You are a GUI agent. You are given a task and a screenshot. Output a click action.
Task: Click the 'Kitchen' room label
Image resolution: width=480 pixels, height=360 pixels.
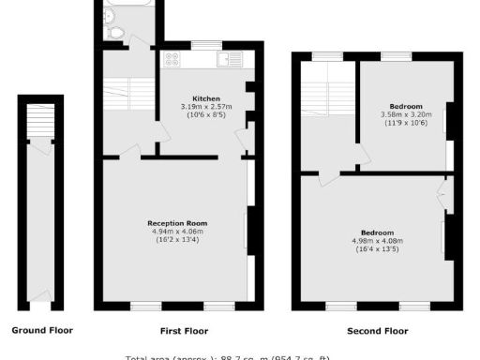click(x=206, y=98)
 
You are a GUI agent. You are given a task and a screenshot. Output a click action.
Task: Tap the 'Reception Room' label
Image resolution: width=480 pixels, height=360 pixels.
click(x=177, y=222)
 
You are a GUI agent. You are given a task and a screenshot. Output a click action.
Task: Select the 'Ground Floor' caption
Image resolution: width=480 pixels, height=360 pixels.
click(x=41, y=330)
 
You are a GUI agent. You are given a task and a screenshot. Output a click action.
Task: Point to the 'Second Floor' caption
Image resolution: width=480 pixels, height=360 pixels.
click(x=377, y=331)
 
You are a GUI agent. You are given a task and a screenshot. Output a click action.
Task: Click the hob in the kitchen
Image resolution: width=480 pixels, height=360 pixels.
click(x=172, y=59)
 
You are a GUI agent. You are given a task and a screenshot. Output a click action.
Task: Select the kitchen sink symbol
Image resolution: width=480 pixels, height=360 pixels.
click(x=226, y=60)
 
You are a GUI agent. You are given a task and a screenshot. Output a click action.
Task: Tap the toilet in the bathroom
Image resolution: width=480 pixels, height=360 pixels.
click(x=116, y=33)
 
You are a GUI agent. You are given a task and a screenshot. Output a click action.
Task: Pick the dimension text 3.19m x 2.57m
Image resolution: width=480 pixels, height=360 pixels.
click(x=206, y=107)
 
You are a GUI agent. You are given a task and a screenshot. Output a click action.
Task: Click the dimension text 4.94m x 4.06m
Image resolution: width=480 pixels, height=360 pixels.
click(x=177, y=231)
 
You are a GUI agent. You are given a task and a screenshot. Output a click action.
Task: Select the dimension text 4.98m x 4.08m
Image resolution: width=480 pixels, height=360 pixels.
click(x=377, y=240)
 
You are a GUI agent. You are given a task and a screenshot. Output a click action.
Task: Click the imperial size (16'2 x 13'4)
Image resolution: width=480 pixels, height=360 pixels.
click(x=177, y=239)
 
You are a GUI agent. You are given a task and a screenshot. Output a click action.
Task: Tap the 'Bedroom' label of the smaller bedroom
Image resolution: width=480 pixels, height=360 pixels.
click(x=405, y=106)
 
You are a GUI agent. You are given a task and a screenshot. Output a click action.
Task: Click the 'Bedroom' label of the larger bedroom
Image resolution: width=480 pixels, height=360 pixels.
click(x=377, y=232)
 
